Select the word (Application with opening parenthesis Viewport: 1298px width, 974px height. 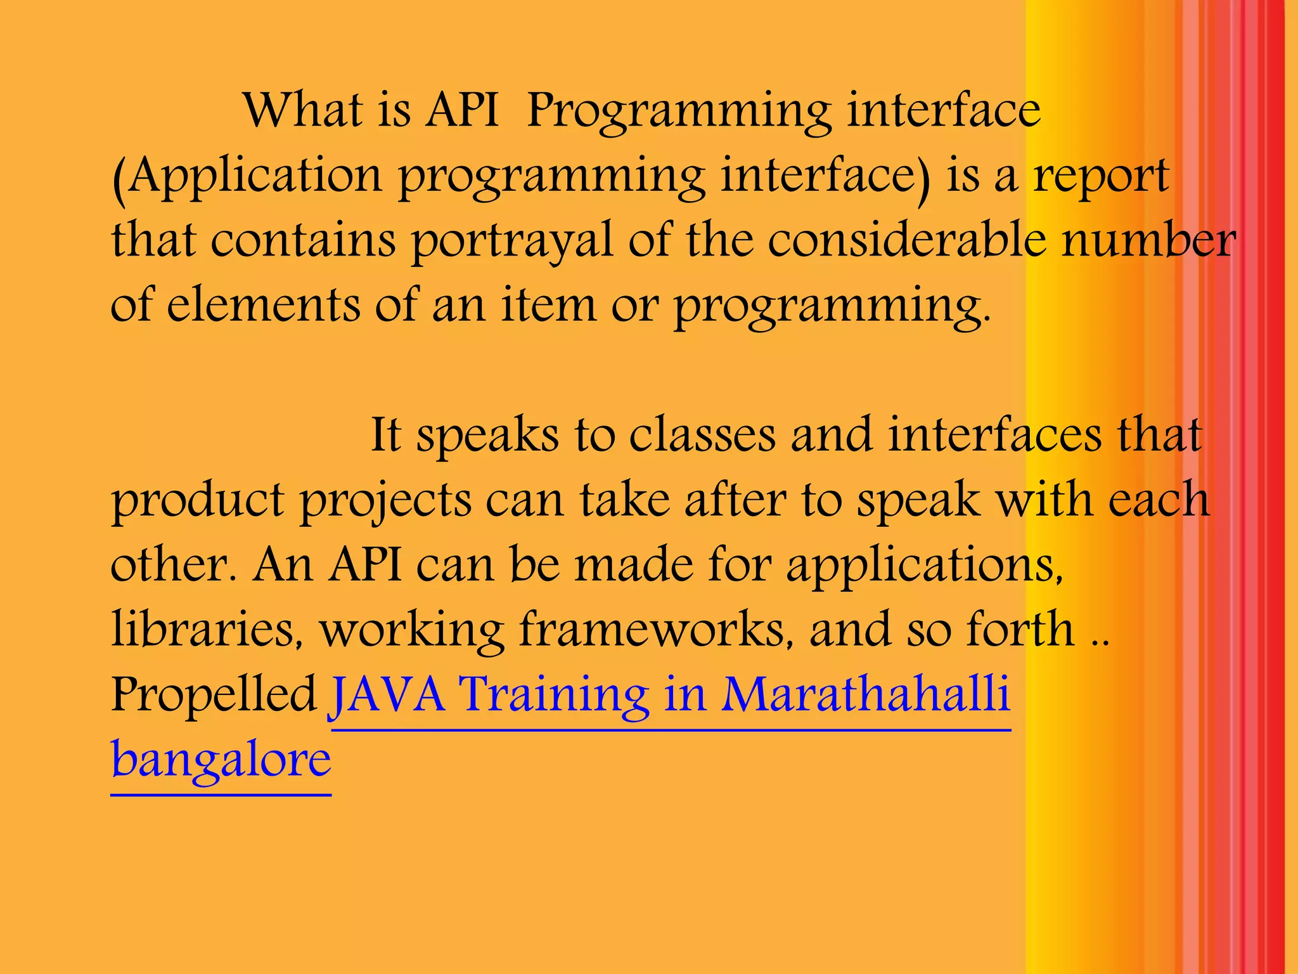click(x=247, y=176)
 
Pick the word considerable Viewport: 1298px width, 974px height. click(x=906, y=241)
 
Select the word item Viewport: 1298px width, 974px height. click(x=549, y=306)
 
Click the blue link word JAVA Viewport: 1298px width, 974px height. click(x=387, y=695)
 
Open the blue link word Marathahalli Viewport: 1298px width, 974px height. click(x=865, y=695)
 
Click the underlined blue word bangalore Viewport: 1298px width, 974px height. click(x=221, y=761)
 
